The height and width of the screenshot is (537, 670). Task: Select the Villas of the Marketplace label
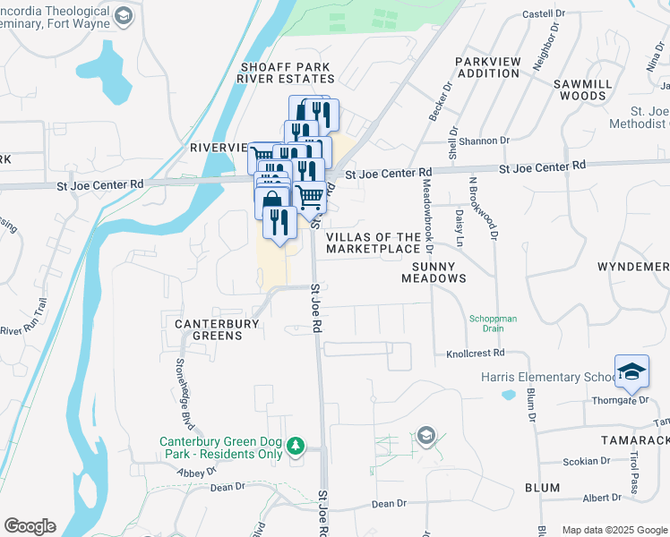(374, 243)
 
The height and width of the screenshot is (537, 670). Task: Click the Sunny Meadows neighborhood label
(439, 272)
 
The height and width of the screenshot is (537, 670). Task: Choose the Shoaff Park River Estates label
(286, 72)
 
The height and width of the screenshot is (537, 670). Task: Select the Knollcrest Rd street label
(476, 354)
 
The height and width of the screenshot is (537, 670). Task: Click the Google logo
(30, 525)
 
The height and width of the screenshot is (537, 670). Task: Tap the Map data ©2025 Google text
(614, 530)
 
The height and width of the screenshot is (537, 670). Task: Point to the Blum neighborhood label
(543, 488)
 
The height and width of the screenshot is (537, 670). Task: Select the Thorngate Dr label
(620, 400)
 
